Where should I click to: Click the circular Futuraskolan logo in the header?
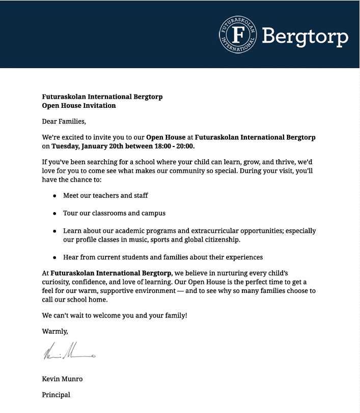tap(238, 34)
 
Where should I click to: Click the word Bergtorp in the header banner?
tap(304, 37)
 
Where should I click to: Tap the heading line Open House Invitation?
tap(79, 106)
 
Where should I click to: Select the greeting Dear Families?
tap(64, 122)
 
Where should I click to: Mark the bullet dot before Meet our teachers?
tap(54, 196)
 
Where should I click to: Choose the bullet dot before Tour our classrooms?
tap(54, 214)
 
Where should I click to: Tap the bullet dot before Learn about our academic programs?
tap(54, 231)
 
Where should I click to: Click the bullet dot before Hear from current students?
tap(54, 257)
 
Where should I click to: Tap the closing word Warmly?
tap(54, 332)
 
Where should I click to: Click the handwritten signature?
tap(69, 352)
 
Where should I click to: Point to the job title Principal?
tap(56, 395)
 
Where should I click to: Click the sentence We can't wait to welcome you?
tap(115, 316)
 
